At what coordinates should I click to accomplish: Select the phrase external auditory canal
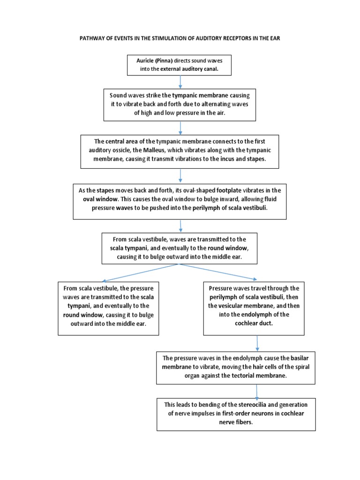[189, 69]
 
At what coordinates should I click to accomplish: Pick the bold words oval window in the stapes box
[100, 199]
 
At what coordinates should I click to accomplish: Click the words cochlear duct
[254, 323]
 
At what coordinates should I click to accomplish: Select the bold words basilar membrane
[236, 362]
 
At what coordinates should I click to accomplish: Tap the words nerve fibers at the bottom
[236, 422]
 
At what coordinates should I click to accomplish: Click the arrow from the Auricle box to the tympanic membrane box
[180, 82]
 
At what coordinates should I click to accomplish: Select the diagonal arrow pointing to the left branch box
[140, 273]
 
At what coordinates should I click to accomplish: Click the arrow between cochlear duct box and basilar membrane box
[257, 344]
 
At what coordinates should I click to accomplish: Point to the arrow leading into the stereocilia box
[256, 391]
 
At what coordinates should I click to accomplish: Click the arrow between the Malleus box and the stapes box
[180, 176]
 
